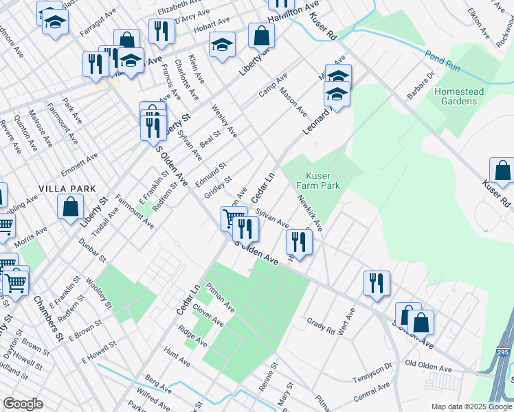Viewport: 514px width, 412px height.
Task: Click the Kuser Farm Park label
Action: click(318, 180)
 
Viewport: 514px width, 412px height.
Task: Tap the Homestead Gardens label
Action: click(459, 96)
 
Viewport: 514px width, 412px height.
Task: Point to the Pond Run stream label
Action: click(442, 58)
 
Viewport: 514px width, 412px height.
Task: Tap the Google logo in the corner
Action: click(23, 404)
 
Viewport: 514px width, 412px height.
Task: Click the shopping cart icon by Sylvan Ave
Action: click(233, 219)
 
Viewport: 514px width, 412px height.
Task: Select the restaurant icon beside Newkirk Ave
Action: click(299, 240)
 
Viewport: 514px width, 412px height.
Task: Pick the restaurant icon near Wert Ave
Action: click(377, 283)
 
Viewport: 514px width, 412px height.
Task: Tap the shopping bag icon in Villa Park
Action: click(70, 207)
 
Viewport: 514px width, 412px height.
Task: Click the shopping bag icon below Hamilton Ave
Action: click(262, 36)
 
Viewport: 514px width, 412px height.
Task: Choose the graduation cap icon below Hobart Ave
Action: click(222, 45)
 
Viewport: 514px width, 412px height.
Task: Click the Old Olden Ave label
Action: click(432, 363)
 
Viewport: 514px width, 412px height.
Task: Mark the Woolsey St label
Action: click(96, 289)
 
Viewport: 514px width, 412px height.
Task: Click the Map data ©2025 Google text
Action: click(471, 405)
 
